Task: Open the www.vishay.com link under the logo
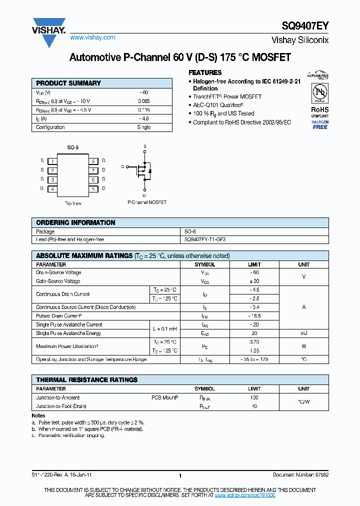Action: pyautogui.click(x=92, y=37)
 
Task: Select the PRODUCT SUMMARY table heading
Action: pyautogui.click(x=68, y=83)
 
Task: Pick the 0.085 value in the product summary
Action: pyautogui.click(x=144, y=101)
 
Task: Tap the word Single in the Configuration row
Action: pyautogui.click(x=144, y=127)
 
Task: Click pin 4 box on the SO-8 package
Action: pyautogui.click(x=52, y=189)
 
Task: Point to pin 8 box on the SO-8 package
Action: pyautogui.click(x=93, y=161)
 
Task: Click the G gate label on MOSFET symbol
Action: pyautogui.click(x=122, y=166)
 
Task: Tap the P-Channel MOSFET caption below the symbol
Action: pyautogui.click(x=147, y=202)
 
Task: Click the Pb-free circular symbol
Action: pyautogui.click(x=320, y=93)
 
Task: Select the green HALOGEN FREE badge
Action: pyautogui.click(x=320, y=124)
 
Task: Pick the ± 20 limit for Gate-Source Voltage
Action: pyautogui.click(x=254, y=281)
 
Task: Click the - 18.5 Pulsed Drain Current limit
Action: pyautogui.click(x=254, y=316)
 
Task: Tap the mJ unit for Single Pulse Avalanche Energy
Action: pyautogui.click(x=303, y=333)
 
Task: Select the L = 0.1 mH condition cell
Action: pyautogui.click(x=164, y=328)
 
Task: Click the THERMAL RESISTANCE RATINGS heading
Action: pyautogui.click(x=86, y=379)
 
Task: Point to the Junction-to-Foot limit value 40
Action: pyautogui.click(x=254, y=406)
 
